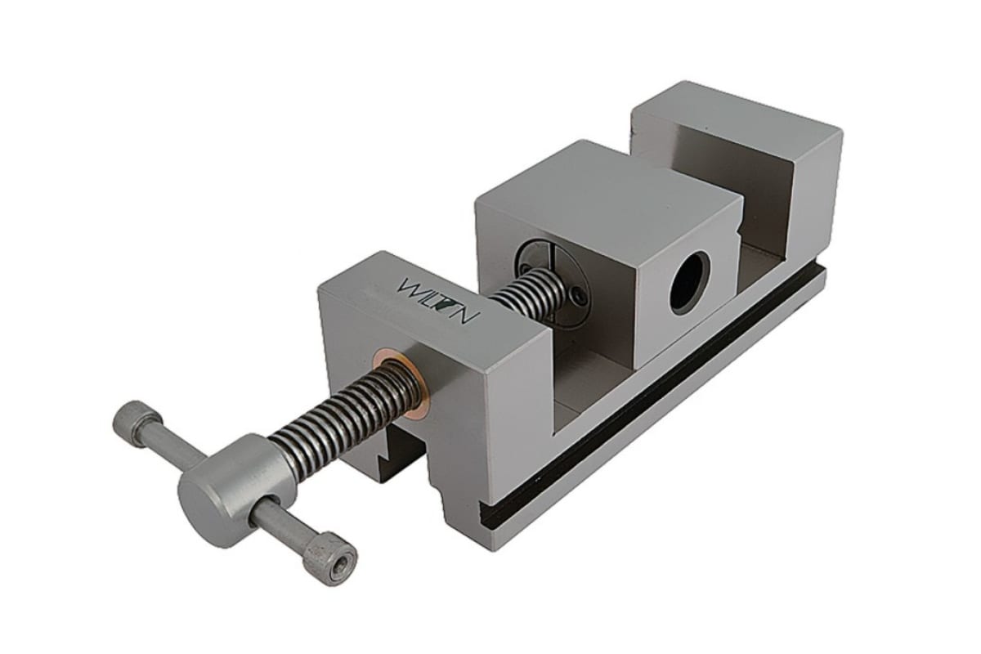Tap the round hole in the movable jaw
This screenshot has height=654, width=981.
(x=689, y=283)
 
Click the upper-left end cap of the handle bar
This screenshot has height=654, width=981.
(x=133, y=418)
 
